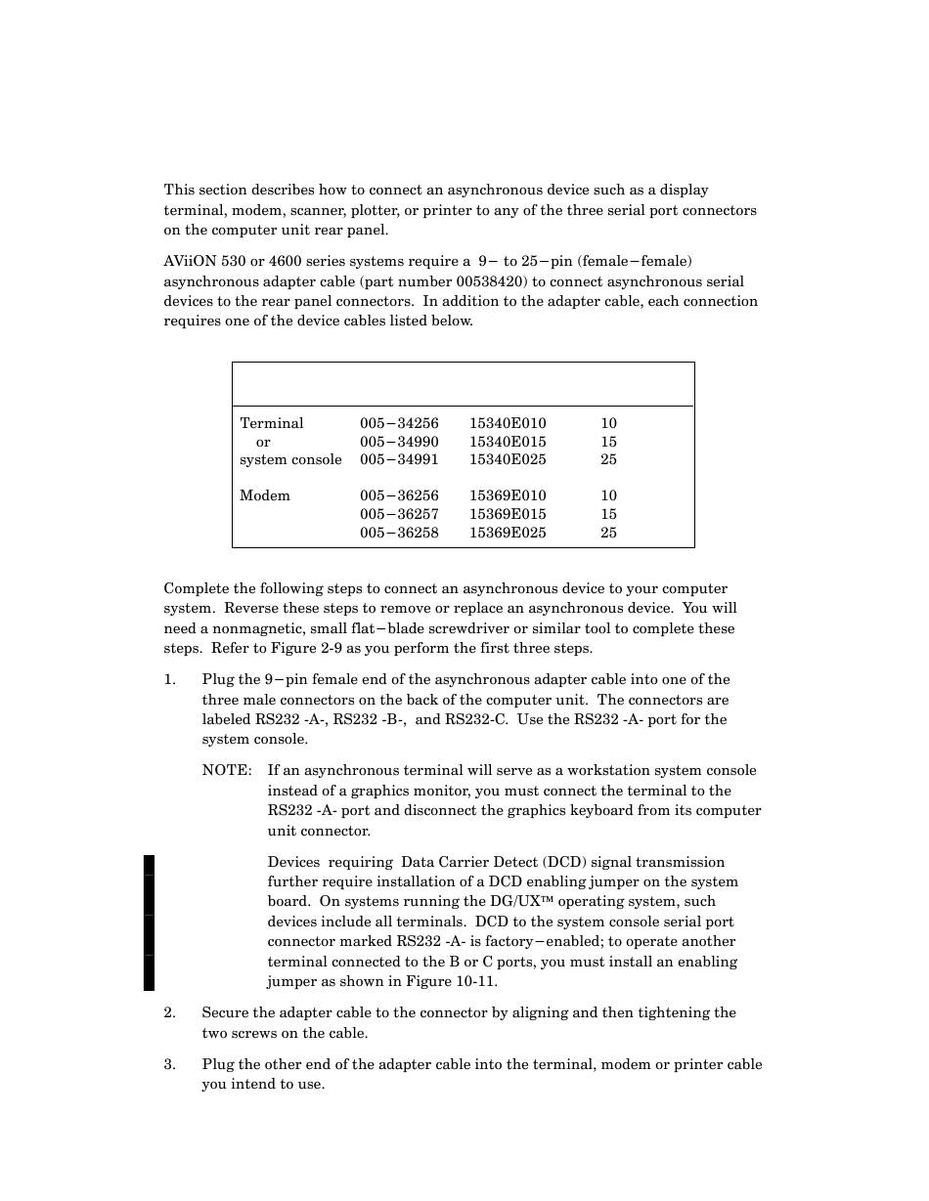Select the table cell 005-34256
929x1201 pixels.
(399, 423)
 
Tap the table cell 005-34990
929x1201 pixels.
(399, 442)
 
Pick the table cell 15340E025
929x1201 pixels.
(508, 459)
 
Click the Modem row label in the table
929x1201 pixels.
(265, 495)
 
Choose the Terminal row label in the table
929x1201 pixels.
(272, 423)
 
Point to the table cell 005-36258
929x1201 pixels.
(399, 533)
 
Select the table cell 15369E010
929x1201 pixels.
(508, 495)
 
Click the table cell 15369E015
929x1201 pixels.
(508, 514)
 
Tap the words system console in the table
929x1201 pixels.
(290, 459)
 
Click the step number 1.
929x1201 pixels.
(169, 680)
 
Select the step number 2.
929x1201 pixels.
(169, 1013)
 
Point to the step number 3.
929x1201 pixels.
(169, 1065)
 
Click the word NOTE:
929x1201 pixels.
(227, 771)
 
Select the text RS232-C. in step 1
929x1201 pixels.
(476, 720)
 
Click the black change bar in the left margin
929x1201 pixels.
(149, 922)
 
